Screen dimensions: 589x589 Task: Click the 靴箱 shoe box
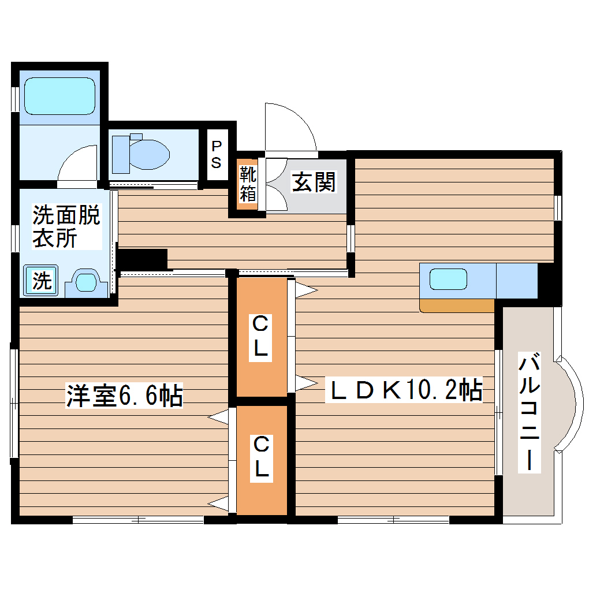tap(248, 184)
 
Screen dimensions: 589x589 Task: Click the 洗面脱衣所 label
tap(65, 226)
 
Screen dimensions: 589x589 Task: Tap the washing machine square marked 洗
tap(40, 281)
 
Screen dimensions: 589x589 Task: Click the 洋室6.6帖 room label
tap(124, 396)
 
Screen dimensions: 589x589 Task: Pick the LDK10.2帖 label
tap(404, 391)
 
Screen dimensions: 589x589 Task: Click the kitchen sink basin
tap(448, 279)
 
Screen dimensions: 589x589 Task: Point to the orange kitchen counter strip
tap(457, 305)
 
